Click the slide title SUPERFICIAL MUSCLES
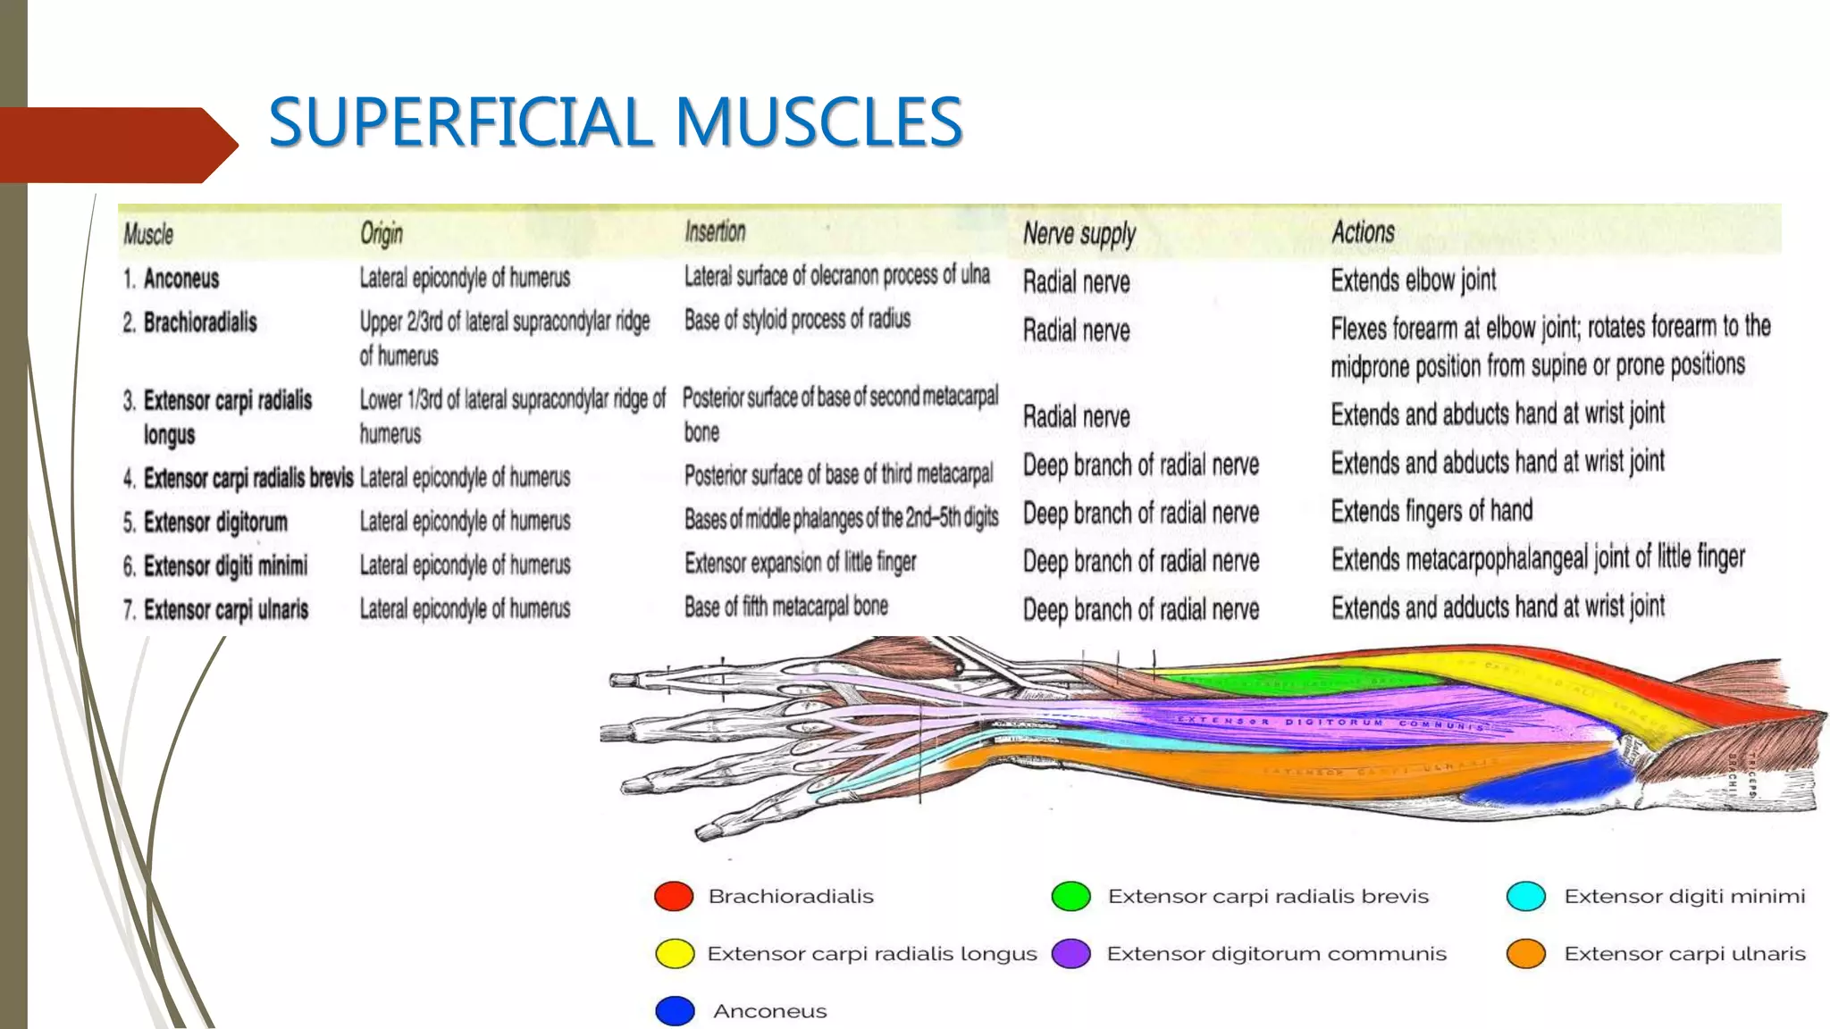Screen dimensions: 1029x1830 pyautogui.click(x=615, y=122)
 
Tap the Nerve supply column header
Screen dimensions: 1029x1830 pyautogui.click(x=1079, y=234)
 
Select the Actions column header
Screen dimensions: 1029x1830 pyautogui.click(x=1362, y=232)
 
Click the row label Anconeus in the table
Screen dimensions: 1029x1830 pyautogui.click(x=180, y=279)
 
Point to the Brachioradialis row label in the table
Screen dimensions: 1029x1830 pyautogui.click(x=199, y=322)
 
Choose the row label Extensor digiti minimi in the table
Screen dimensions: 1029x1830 pyautogui.click(x=224, y=565)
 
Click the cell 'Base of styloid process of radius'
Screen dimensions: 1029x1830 pyautogui.click(x=797, y=319)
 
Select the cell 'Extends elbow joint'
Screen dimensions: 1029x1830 pyautogui.click(x=1413, y=280)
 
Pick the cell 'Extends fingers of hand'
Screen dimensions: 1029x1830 pyautogui.click(x=1431, y=511)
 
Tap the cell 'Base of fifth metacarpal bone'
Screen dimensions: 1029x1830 pyautogui.click(x=785, y=607)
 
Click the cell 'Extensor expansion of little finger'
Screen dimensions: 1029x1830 pyautogui.click(x=800, y=563)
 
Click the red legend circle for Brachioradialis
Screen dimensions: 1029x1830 pyautogui.click(x=674, y=896)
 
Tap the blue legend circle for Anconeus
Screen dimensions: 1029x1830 pyautogui.click(x=675, y=1011)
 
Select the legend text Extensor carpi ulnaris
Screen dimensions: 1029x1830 pyautogui.click(x=1684, y=954)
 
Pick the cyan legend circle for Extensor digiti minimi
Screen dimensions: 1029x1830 pyautogui.click(x=1525, y=896)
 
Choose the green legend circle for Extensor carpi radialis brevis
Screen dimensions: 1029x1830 pyautogui.click(x=1070, y=896)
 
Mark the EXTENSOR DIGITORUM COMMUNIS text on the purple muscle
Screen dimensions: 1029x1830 pyautogui.click(x=1331, y=724)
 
